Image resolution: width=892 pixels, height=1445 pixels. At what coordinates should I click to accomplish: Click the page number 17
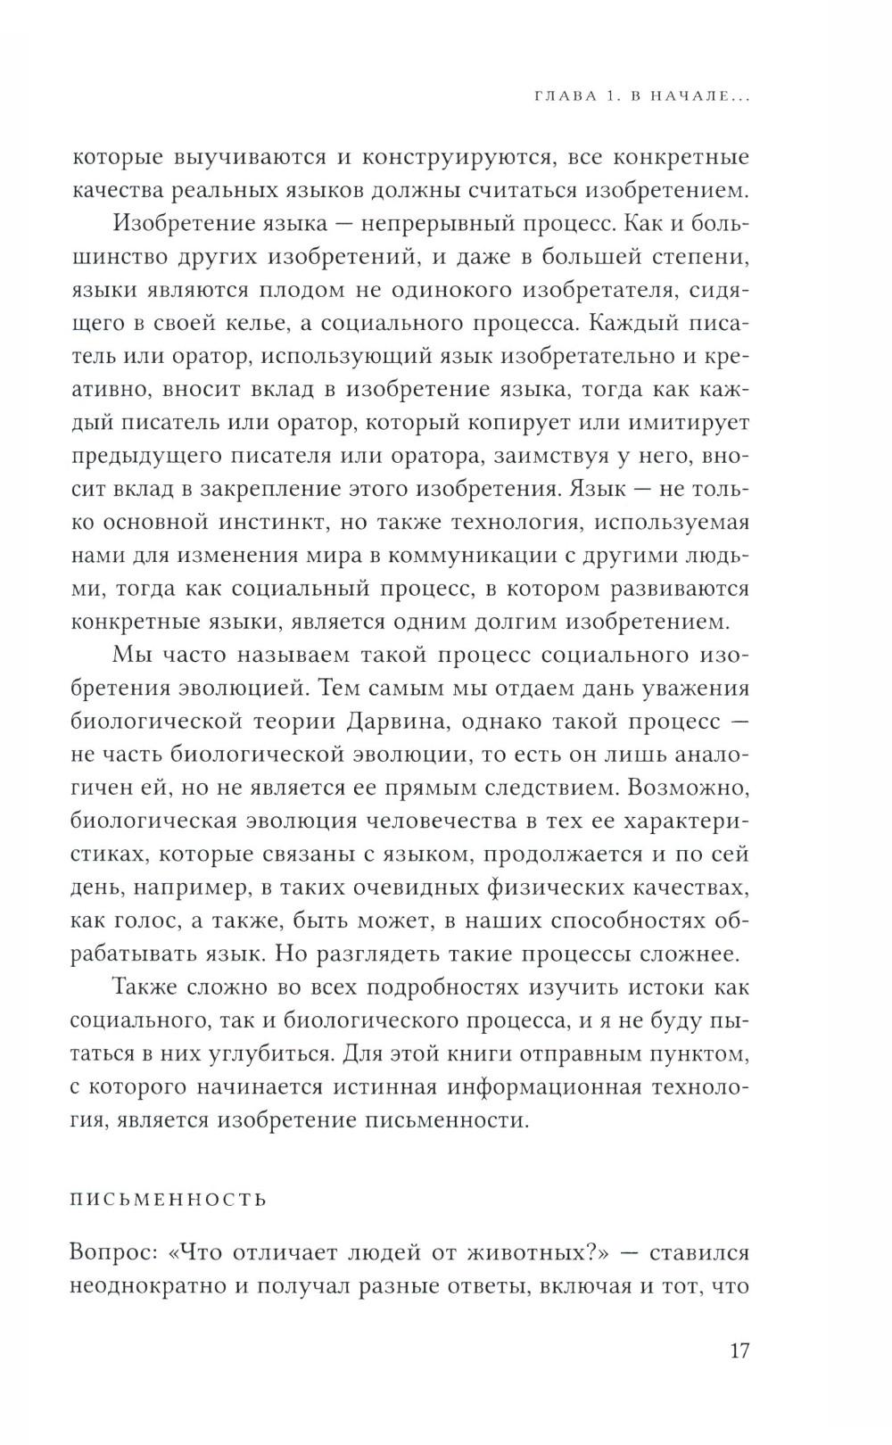coord(739,1350)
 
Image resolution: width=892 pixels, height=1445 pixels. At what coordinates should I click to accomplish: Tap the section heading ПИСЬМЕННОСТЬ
coord(169,1199)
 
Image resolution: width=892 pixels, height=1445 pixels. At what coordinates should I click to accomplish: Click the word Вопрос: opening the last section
coord(111,1253)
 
